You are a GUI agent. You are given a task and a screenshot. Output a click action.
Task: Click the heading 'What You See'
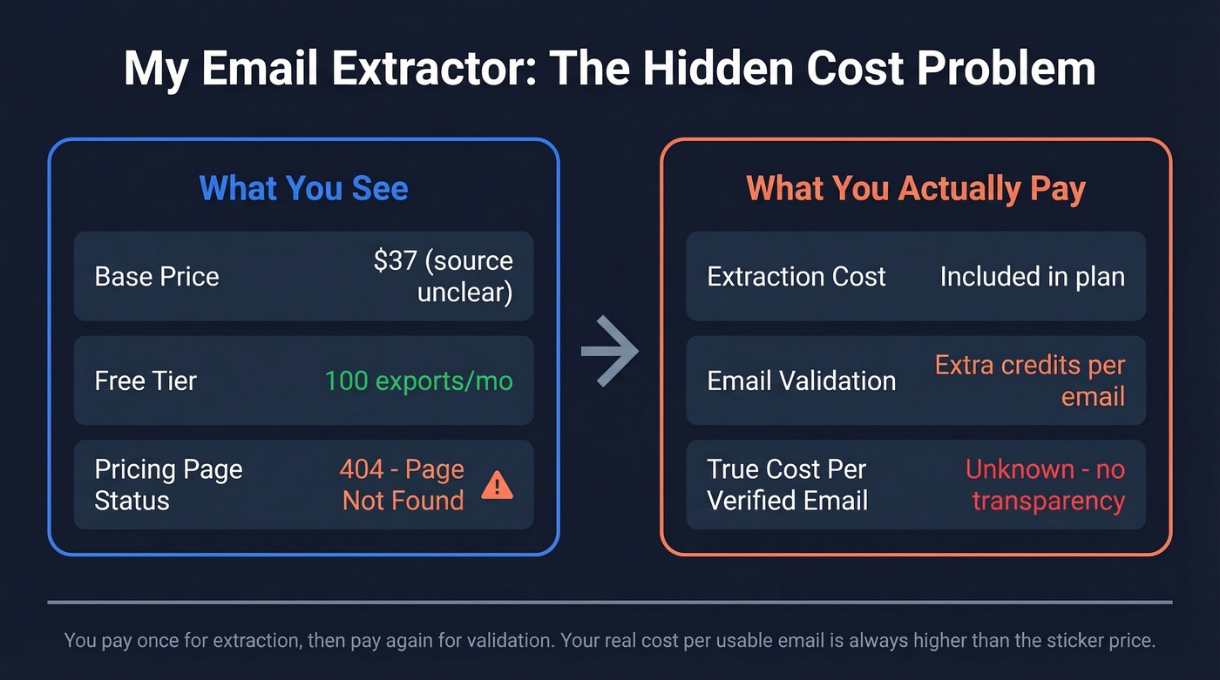coord(303,188)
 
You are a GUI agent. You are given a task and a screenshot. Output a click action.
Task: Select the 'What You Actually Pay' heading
coord(915,188)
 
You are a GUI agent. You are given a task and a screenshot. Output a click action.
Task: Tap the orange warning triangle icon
coord(498,485)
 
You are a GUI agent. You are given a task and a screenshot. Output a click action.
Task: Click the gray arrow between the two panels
coord(610,351)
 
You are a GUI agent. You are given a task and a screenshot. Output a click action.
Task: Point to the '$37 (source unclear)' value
coord(443,276)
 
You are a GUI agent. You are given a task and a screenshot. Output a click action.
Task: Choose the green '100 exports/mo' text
coord(418,380)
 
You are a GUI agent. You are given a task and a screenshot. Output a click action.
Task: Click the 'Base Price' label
coord(157,277)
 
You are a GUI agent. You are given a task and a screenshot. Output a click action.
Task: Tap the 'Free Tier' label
coord(146,380)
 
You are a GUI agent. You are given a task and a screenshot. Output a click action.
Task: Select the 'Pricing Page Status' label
coord(168,485)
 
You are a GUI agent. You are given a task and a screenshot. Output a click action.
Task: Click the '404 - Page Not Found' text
coord(402,485)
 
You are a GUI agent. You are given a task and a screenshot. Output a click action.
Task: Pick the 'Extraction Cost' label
coord(796,277)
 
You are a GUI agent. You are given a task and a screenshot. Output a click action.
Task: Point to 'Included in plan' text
coord(1032,277)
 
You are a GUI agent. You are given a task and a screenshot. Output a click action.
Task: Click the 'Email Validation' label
coord(802,380)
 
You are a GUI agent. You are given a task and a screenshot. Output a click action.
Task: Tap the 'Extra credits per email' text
coord(1030,380)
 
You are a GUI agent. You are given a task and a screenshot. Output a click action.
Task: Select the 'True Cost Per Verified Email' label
coord(787,485)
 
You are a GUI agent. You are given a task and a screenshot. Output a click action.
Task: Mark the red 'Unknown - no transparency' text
coord(1046,485)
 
